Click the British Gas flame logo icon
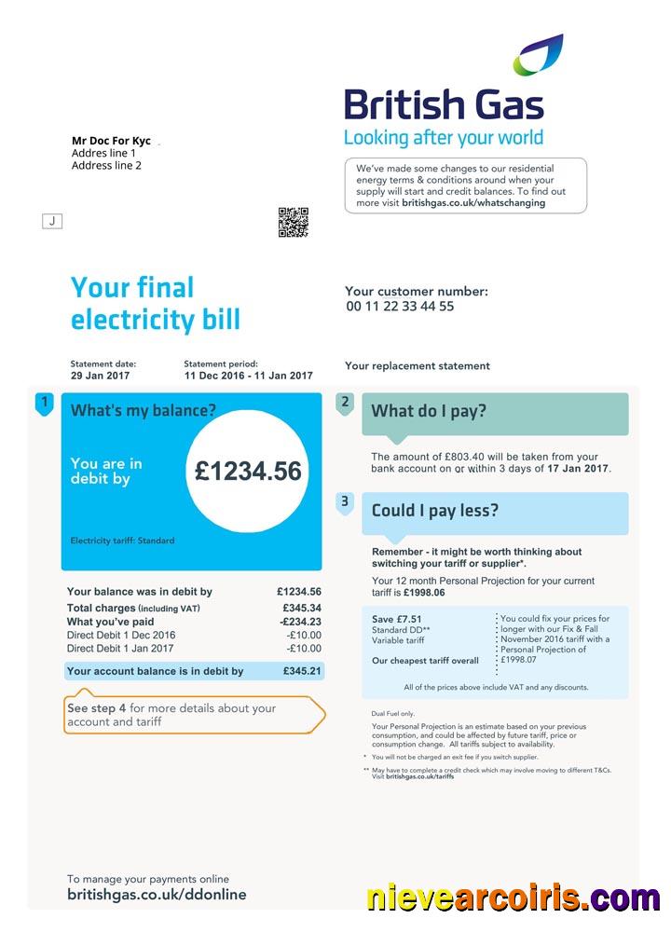click(x=539, y=55)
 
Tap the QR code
click(x=293, y=223)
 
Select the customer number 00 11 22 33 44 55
click(x=400, y=307)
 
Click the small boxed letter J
click(x=52, y=221)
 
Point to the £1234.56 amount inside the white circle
click(x=248, y=472)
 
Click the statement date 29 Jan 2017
click(x=101, y=376)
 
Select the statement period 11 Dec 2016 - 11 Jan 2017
click(x=248, y=376)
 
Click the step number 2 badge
click(x=345, y=403)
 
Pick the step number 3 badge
click(x=345, y=502)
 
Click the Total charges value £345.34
click(x=301, y=608)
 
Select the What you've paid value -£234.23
click(x=300, y=622)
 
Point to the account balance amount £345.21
click(x=302, y=671)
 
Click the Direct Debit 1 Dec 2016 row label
click(x=121, y=636)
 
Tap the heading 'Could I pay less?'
click(x=435, y=511)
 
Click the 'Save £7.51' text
click(x=396, y=619)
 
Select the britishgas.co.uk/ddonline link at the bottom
click(x=157, y=895)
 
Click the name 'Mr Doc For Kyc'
click(x=111, y=141)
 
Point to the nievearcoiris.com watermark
click(x=513, y=898)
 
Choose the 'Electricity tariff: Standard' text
click(x=122, y=541)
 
